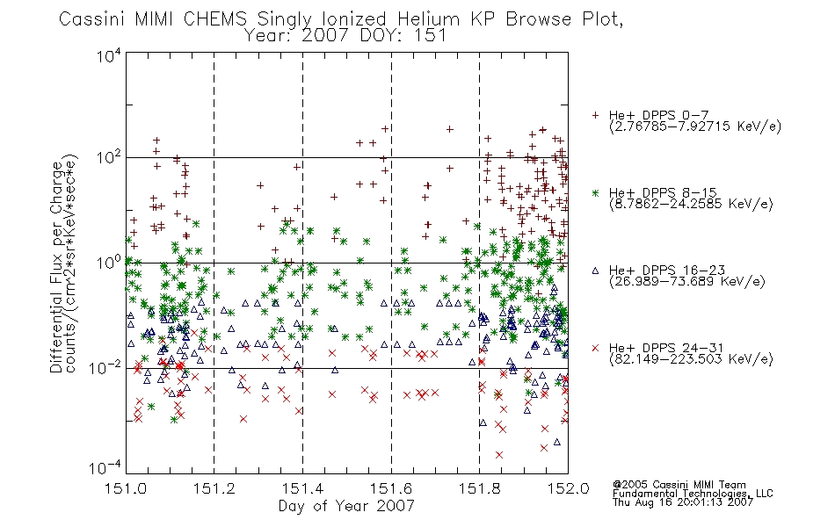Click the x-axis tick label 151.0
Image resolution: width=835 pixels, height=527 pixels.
(126, 488)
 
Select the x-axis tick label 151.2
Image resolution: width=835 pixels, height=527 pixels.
(214, 488)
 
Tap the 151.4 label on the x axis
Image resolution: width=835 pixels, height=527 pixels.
(303, 488)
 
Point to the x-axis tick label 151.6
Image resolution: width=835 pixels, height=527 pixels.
(391, 488)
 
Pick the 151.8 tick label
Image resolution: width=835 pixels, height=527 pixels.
(480, 488)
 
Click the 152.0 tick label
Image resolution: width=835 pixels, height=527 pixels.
(568, 488)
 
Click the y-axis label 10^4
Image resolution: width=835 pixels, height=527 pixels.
(109, 56)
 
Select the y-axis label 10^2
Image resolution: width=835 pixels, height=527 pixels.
(109, 158)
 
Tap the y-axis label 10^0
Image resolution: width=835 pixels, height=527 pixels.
(109, 263)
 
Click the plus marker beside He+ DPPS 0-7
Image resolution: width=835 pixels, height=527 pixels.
(595, 115)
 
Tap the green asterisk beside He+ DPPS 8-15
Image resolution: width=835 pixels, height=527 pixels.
(595, 192)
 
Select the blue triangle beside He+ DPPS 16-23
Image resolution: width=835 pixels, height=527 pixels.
(595, 271)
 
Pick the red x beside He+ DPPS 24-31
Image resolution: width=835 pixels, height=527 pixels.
(595, 348)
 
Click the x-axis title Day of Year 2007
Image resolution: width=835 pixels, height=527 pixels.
(346, 506)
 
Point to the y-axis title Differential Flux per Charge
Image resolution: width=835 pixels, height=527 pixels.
(56, 266)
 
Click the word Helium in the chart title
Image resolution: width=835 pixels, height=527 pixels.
(428, 19)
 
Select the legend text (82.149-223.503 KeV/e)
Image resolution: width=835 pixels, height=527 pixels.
(691, 359)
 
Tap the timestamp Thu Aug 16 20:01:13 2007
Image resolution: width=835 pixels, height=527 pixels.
(683, 502)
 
